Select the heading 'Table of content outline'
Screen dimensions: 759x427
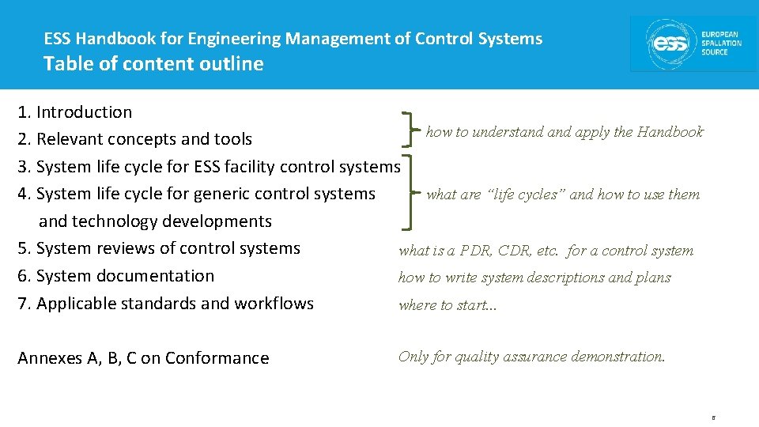(153, 64)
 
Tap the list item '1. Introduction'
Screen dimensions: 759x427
(75, 112)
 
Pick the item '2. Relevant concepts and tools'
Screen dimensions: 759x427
(134, 139)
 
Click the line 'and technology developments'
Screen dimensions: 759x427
(155, 221)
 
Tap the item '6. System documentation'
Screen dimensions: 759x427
(115, 276)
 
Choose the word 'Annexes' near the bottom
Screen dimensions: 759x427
(49, 358)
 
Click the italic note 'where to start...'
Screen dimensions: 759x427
(447, 305)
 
